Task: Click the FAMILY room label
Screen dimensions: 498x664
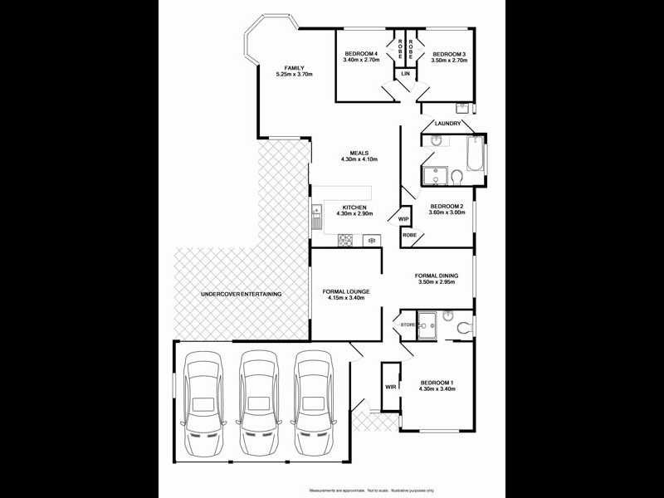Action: (x=294, y=67)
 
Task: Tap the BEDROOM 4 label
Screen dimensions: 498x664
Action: (x=361, y=55)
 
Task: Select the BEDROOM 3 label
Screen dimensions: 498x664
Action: (x=448, y=55)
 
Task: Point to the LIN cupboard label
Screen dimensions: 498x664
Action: (x=405, y=74)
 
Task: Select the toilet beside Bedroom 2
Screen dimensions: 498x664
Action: (x=456, y=175)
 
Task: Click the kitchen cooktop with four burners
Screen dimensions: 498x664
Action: (x=346, y=241)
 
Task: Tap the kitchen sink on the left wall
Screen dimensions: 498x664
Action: (x=316, y=218)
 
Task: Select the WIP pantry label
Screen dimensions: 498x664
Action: (x=404, y=219)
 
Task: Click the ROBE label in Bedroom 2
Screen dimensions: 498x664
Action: (x=409, y=235)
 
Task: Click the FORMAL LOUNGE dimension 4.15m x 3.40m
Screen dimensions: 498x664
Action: (x=346, y=298)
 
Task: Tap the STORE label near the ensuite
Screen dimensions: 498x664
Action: (x=408, y=325)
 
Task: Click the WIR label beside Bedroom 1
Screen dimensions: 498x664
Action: (x=389, y=387)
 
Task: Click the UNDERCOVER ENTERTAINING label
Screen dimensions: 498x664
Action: (x=242, y=295)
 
